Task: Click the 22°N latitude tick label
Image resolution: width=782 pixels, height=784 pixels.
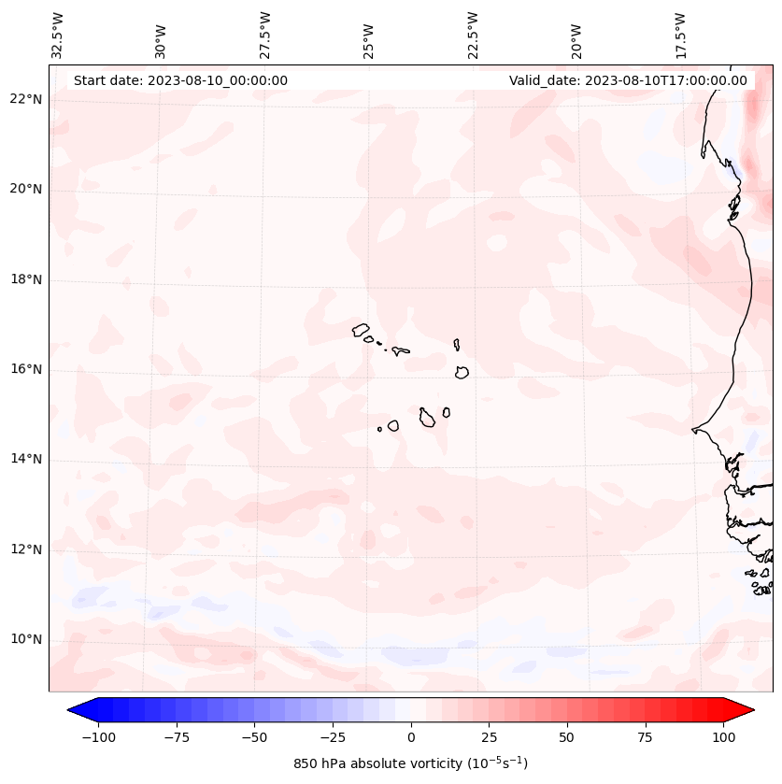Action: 26,100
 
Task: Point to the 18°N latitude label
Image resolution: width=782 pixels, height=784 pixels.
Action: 26,279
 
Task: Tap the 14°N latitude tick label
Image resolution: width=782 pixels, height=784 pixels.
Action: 26,459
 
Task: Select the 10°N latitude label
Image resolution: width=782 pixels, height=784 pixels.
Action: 26,639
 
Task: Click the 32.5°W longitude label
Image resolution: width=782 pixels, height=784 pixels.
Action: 59,36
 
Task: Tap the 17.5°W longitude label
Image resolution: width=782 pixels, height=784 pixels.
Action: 680,36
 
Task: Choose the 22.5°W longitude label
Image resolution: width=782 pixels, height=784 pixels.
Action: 473,36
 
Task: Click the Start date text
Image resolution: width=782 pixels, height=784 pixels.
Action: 180,80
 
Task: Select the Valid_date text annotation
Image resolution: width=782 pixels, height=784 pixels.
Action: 628,80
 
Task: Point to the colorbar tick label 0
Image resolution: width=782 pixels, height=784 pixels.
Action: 410,737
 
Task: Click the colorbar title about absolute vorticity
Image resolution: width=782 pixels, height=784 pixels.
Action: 410,763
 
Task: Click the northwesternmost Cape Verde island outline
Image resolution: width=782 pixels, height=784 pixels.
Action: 361,329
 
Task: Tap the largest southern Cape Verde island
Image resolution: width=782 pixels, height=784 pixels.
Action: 427,417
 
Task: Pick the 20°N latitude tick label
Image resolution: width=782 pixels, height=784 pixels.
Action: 26,190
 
